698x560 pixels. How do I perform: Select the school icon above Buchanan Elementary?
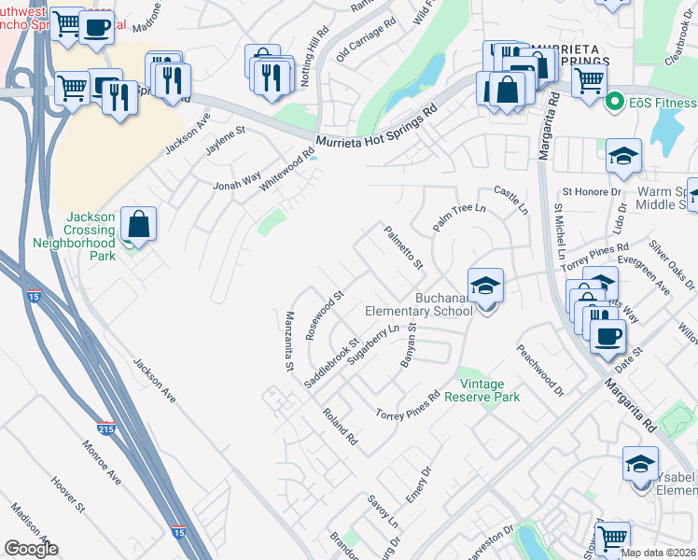pos(485,286)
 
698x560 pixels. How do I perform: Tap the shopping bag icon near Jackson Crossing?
pos(138,224)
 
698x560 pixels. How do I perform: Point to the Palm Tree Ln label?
pos(460,219)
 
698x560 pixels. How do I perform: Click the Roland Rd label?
pos(341,425)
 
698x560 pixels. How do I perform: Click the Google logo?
pos(30,549)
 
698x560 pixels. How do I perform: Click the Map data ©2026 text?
pos(659,553)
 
